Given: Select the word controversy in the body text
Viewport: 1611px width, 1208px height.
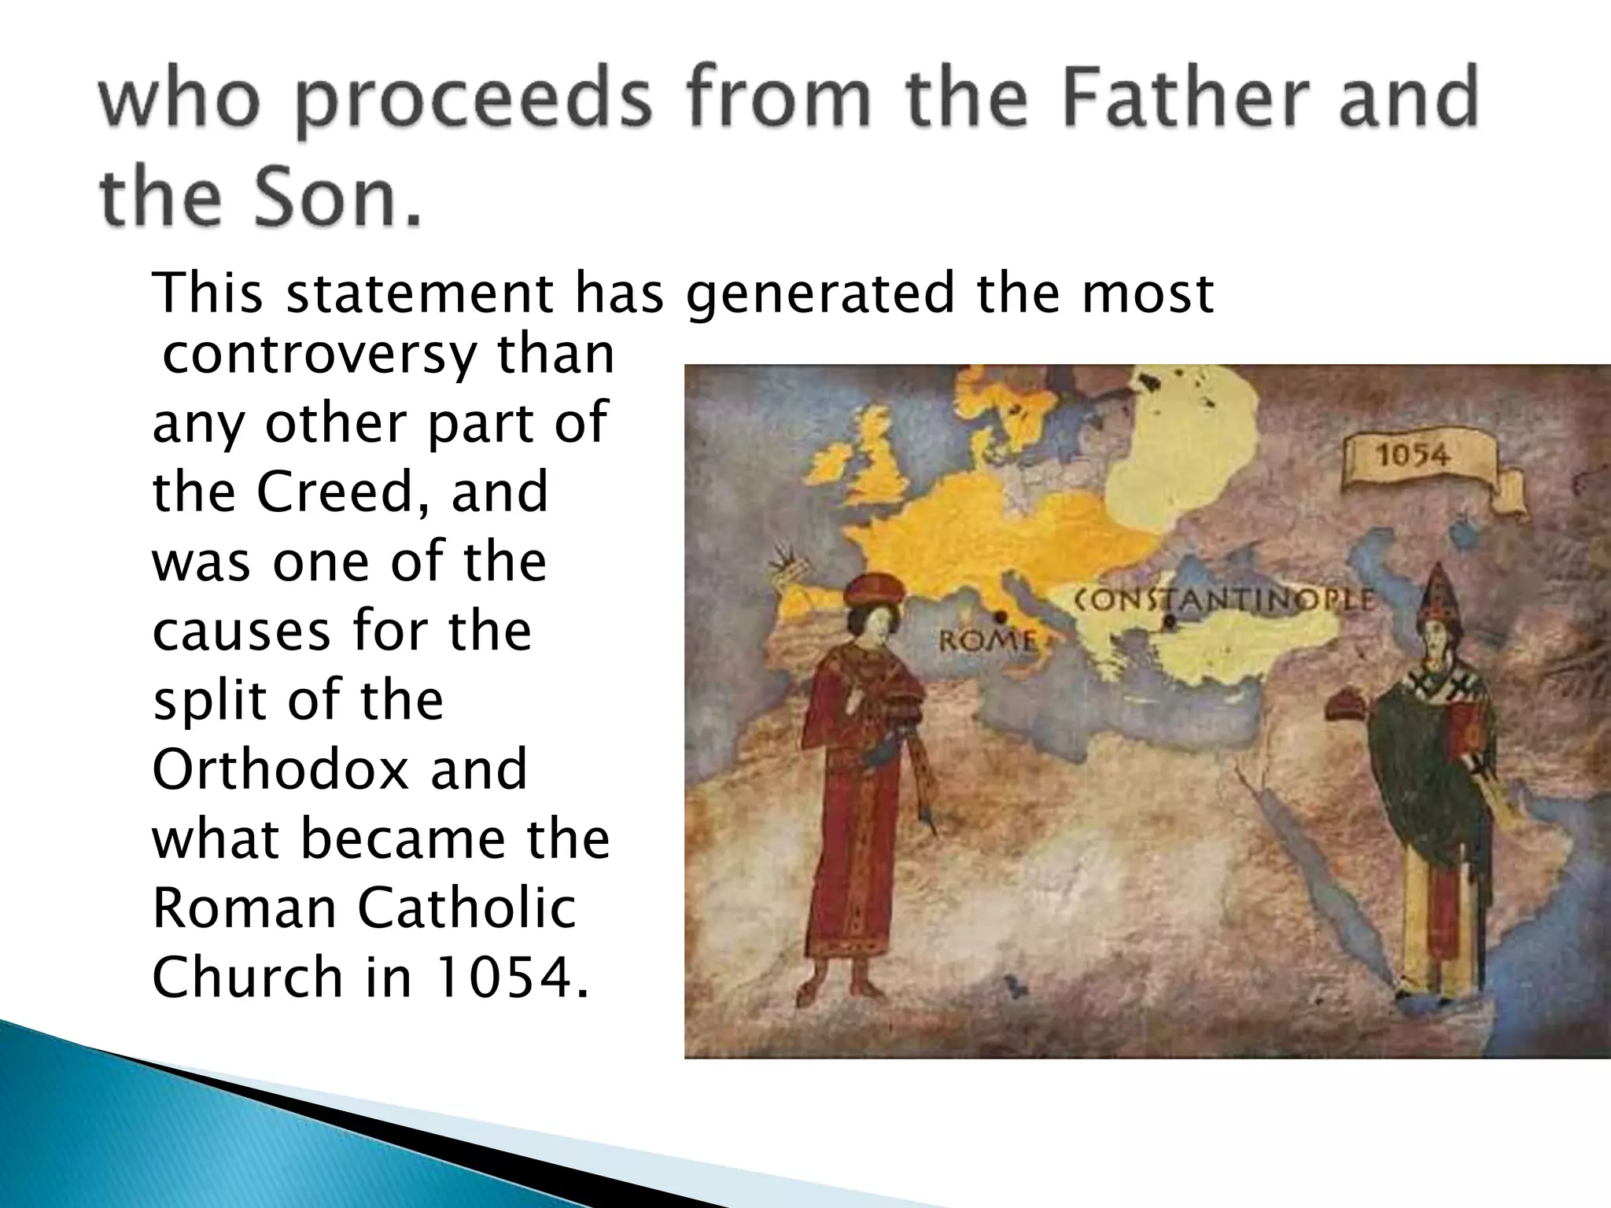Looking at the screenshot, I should click(319, 356).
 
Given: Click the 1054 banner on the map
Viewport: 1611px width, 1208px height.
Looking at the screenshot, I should click(1413, 455).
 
